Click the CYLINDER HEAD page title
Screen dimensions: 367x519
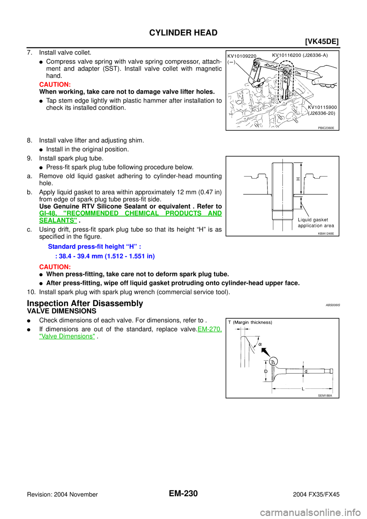point(183,32)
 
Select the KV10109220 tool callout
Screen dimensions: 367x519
point(242,56)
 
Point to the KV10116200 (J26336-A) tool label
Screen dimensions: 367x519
point(300,55)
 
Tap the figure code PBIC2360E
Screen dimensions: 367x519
point(326,128)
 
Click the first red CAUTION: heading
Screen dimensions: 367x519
point(55,84)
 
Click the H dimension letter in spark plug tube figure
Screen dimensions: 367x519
point(298,178)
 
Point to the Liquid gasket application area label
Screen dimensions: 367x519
point(316,223)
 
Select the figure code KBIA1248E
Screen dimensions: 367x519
point(326,234)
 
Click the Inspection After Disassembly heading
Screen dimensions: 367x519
point(85,303)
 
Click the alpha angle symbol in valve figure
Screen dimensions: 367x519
point(260,344)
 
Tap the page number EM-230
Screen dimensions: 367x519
point(183,493)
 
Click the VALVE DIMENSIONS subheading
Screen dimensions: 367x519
point(62,311)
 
